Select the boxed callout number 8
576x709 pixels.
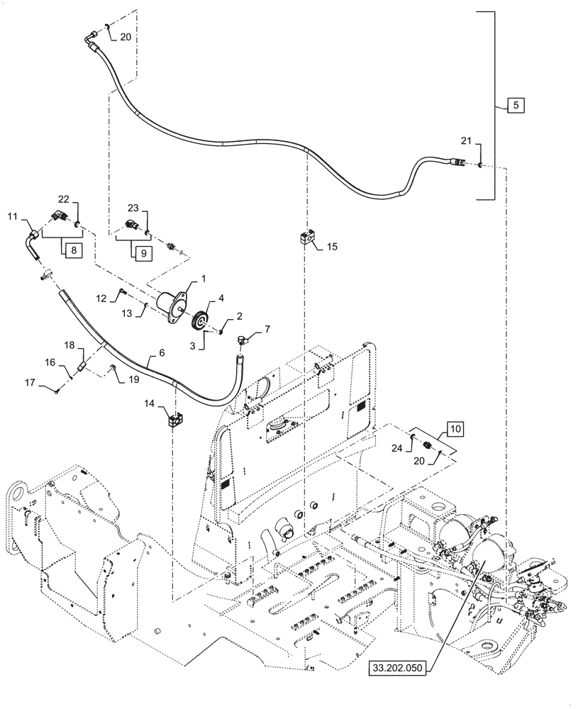click(x=74, y=250)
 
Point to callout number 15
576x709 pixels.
click(x=332, y=247)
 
